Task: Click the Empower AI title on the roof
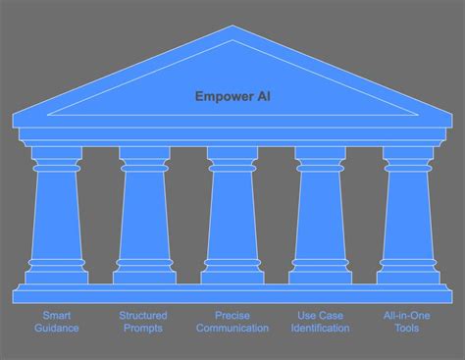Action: [232, 96]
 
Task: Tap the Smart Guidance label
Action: [56, 322]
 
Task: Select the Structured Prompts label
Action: [143, 322]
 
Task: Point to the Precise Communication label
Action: [232, 322]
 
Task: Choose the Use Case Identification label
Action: [321, 322]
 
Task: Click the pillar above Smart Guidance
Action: [56, 216]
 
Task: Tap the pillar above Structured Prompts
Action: [144, 216]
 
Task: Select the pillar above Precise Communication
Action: [232, 216]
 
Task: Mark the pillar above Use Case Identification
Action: [321, 216]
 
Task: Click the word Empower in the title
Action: [222, 96]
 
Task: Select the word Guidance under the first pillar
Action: [56, 329]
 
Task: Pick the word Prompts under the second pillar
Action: [143, 329]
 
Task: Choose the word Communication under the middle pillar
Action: [232, 329]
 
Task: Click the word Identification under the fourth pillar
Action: [321, 329]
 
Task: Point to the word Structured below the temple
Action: [143, 315]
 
